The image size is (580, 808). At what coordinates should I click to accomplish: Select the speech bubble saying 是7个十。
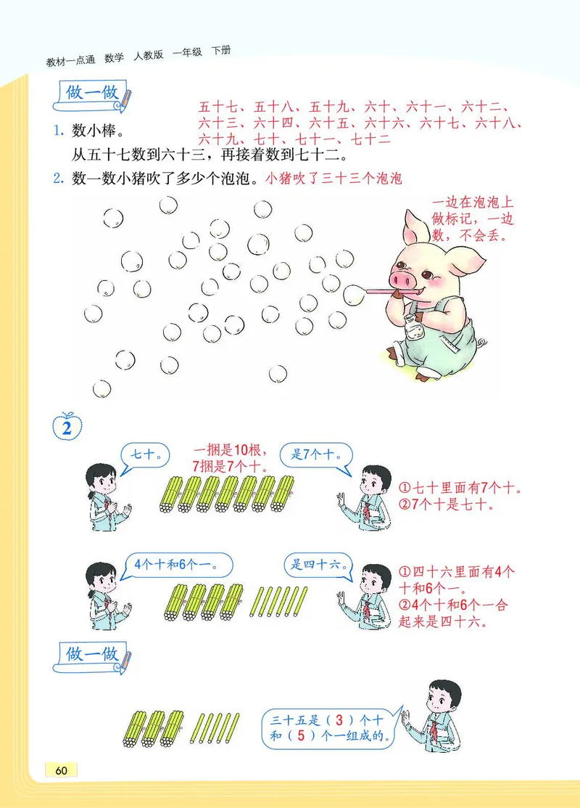pyautogui.click(x=317, y=456)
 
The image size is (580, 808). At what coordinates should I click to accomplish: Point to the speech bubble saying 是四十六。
pyautogui.click(x=318, y=565)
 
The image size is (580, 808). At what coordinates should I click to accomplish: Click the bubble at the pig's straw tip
pyautogui.click(x=354, y=294)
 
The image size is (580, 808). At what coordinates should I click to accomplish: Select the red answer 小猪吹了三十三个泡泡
pyautogui.click(x=333, y=178)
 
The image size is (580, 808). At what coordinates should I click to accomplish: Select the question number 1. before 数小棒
pyautogui.click(x=59, y=131)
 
